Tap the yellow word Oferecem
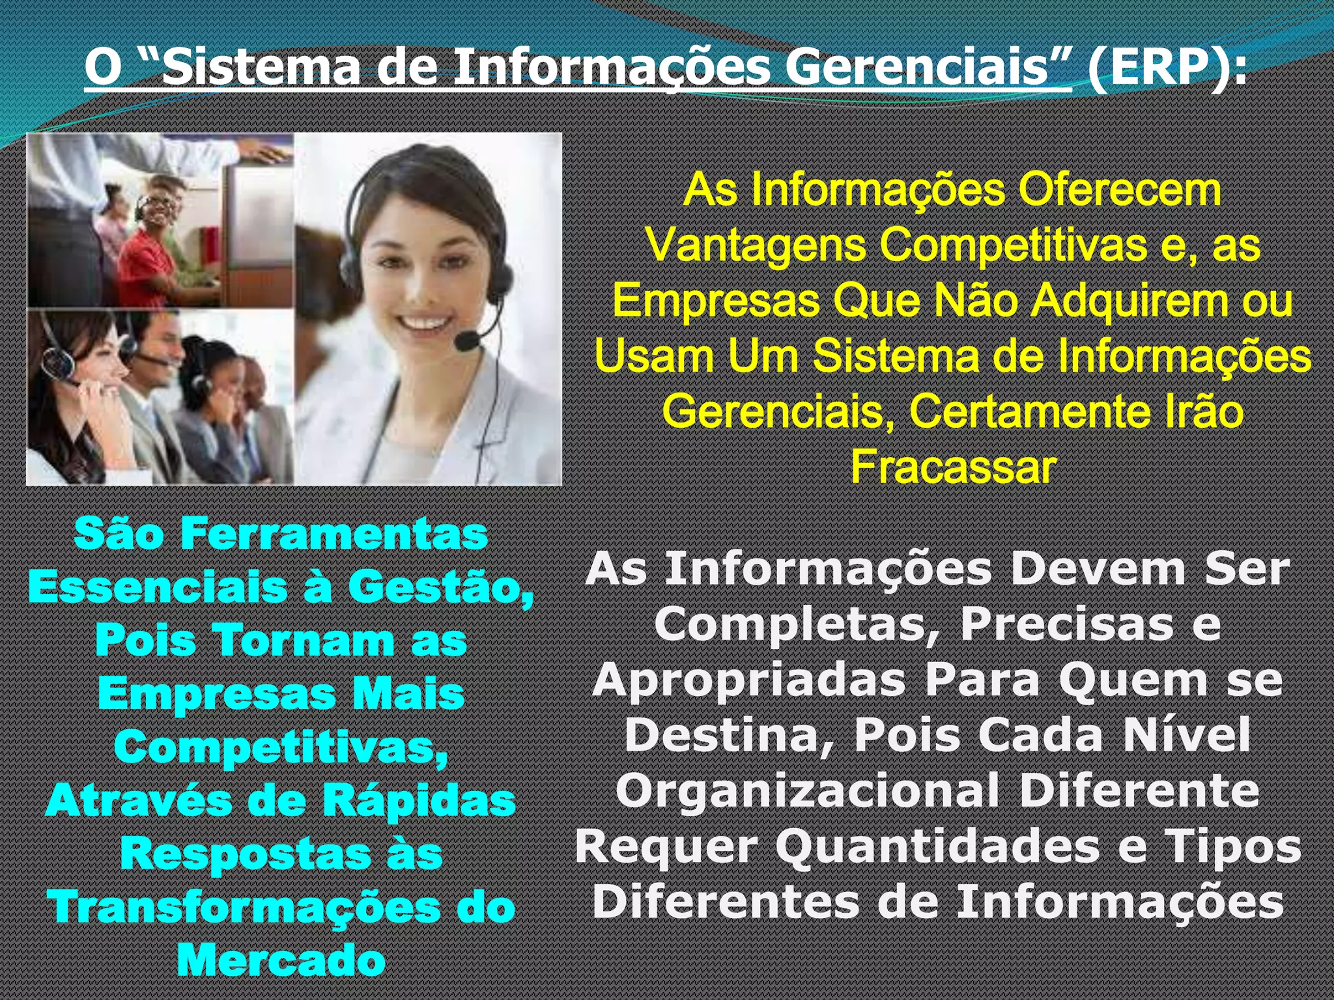pyautogui.click(x=1120, y=190)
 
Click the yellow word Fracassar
pyautogui.click(x=954, y=467)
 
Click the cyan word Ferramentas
pyautogui.click(x=334, y=535)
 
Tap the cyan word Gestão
pyautogui.click(x=441, y=587)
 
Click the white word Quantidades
pyautogui.click(x=938, y=847)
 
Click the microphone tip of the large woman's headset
pyautogui.click(x=466, y=340)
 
